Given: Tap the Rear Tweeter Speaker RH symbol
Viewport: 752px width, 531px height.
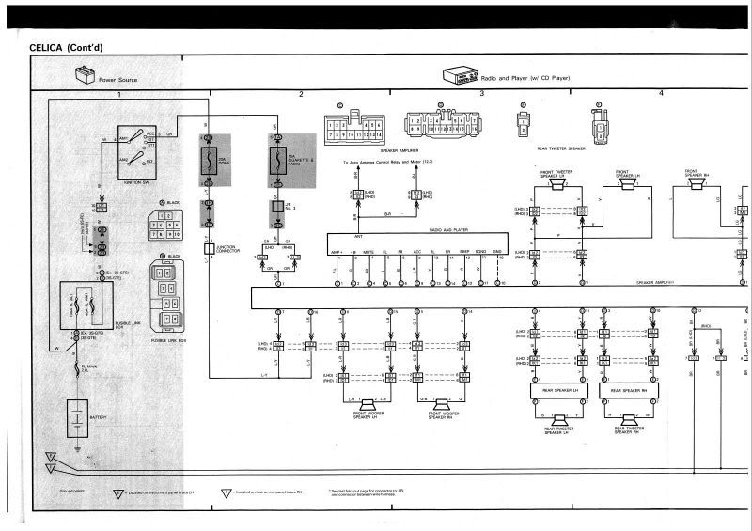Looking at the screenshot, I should click(629, 419).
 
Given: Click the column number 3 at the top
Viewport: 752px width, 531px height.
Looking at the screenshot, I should click(481, 94).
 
